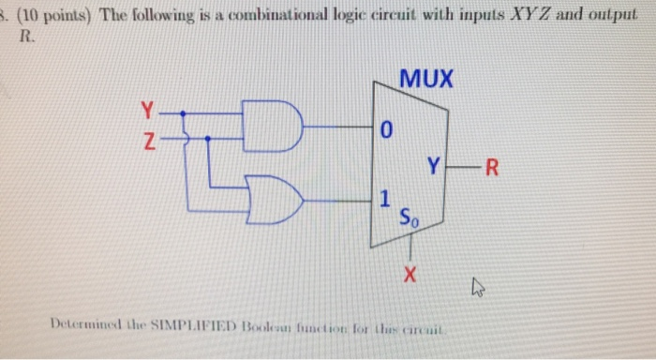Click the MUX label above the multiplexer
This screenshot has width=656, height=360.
(425, 81)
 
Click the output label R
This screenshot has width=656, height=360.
(496, 169)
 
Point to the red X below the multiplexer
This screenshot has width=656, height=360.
(410, 276)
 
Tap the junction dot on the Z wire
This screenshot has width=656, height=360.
(207, 139)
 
